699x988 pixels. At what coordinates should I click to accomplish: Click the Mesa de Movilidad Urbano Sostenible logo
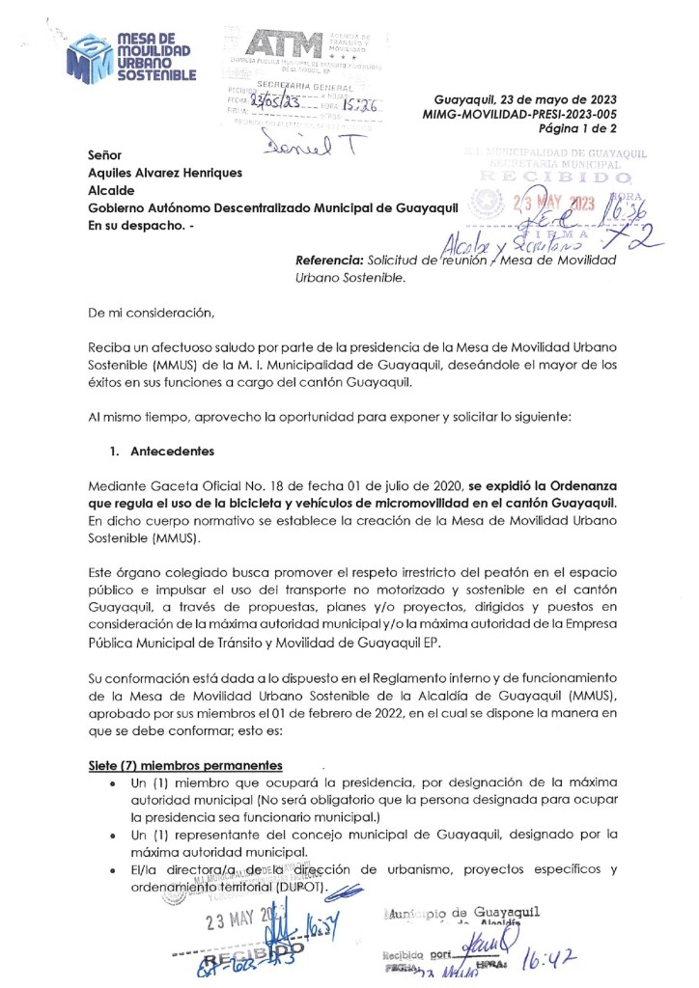point(131,55)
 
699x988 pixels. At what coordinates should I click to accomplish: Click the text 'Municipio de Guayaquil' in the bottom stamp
point(460,912)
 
